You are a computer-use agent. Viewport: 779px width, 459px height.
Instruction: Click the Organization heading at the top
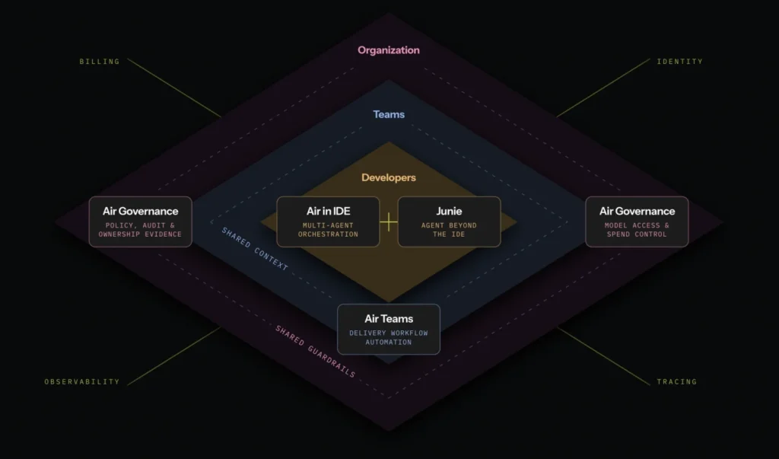[x=389, y=50]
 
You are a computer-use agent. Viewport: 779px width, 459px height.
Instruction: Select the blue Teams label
[x=389, y=114]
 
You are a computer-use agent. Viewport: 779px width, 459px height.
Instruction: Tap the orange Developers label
[x=389, y=177]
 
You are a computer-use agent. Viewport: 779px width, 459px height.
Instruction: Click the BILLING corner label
[x=100, y=62]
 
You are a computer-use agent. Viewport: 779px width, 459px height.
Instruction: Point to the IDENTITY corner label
[x=679, y=62]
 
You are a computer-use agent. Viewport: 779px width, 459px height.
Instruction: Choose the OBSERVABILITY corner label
[x=82, y=382]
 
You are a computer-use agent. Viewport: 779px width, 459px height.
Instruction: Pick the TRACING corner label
[x=676, y=382]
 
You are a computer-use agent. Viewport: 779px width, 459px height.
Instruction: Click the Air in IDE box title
[x=328, y=212]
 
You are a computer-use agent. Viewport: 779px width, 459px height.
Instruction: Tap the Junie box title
[x=449, y=212]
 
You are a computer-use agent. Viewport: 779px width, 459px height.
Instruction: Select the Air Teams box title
[x=389, y=319]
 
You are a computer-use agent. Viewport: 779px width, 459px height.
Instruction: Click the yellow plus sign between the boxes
[x=389, y=222]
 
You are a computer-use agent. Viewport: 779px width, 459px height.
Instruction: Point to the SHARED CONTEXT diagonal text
[x=254, y=249]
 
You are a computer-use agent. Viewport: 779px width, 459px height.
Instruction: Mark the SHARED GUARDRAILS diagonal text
[x=315, y=351]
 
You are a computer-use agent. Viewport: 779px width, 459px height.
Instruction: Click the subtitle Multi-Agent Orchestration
[x=328, y=230]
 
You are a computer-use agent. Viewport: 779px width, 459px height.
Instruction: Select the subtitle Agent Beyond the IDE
[x=449, y=230]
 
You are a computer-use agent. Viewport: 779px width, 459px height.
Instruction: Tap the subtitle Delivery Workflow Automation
[x=389, y=338]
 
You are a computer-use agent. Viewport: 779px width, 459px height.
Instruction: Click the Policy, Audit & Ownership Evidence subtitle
[x=140, y=230]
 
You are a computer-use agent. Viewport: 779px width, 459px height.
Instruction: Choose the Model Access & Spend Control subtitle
[x=637, y=230]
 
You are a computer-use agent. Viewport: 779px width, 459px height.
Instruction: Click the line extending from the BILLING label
[x=174, y=88]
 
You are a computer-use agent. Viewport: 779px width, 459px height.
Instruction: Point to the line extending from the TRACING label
[x=603, y=355]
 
